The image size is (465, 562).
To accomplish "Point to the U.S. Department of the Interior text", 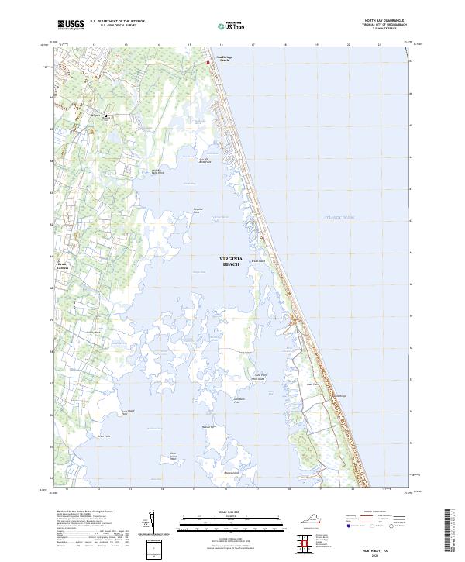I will [x=117, y=22].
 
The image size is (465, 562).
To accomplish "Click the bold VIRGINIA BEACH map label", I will [x=232, y=261].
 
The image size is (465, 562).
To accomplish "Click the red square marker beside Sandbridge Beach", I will [x=208, y=62].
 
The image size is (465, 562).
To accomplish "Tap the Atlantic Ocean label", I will [x=337, y=218].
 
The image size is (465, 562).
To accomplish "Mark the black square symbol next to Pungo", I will [x=105, y=117].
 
